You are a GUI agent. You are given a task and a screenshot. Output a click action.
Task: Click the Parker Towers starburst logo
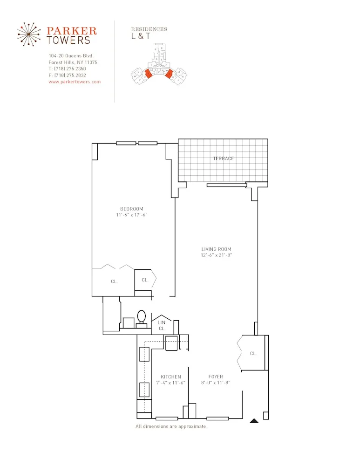click(32, 34)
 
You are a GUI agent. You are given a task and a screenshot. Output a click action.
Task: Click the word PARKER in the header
click(72, 31)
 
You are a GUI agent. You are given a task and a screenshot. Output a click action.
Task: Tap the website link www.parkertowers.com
click(75, 82)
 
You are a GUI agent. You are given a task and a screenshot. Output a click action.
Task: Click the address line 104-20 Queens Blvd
click(70, 55)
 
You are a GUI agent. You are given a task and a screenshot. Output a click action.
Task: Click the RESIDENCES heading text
click(149, 29)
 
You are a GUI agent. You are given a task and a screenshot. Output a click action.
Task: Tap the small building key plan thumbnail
click(158, 65)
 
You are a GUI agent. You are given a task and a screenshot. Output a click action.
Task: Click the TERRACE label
click(224, 158)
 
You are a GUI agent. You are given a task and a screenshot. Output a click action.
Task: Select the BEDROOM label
click(132, 209)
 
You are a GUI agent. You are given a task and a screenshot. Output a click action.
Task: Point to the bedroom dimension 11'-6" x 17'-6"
click(132, 215)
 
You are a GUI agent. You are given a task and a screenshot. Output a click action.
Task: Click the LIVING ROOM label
click(216, 249)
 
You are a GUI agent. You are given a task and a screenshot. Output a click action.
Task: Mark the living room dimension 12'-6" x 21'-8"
click(216, 255)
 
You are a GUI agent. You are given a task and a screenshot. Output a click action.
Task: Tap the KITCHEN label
click(171, 377)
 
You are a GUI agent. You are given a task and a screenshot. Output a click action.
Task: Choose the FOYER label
click(216, 377)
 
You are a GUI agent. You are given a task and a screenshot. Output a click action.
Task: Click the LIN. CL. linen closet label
click(162, 325)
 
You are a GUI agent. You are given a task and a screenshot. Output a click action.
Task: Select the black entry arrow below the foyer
click(254, 420)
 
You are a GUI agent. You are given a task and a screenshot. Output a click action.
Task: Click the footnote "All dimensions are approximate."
click(171, 426)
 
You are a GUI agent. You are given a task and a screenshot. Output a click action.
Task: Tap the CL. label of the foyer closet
click(253, 353)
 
